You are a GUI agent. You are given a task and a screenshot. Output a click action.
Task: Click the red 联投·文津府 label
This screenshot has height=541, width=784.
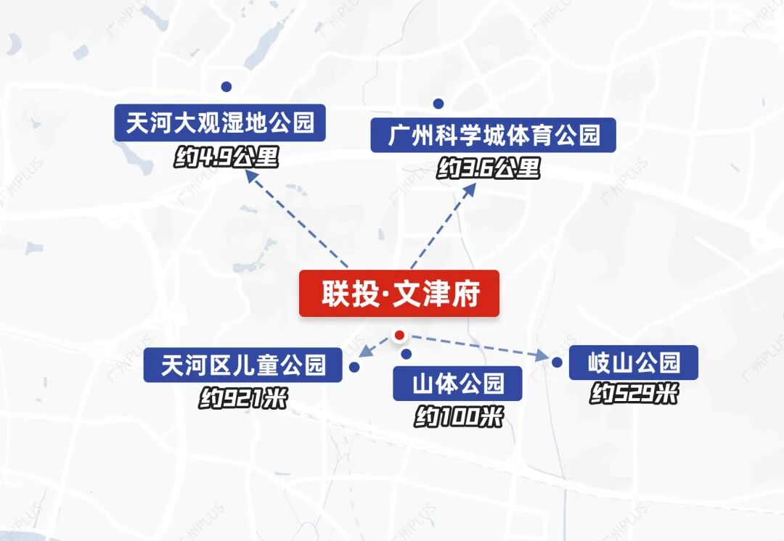[399, 294]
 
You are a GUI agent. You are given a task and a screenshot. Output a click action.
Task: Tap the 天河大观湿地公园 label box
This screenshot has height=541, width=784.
[220, 123]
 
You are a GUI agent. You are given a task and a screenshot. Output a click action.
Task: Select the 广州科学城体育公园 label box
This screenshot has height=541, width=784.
[493, 135]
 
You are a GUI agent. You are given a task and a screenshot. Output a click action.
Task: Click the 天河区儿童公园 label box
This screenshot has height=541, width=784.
[242, 364]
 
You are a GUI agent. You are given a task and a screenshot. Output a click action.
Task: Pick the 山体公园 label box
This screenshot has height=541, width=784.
[457, 383]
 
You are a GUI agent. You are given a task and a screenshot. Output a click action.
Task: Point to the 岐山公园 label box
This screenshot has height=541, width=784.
[633, 363]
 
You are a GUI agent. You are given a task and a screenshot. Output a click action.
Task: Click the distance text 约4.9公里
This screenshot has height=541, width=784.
[226, 157]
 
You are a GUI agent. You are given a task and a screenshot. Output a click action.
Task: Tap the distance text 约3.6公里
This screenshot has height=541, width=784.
[489, 169]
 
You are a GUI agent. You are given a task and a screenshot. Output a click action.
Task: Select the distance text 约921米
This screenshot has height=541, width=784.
[242, 398]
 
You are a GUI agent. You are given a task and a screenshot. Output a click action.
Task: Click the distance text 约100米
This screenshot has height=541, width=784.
[458, 417]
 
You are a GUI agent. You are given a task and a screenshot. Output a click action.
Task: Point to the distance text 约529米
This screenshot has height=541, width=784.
[634, 395]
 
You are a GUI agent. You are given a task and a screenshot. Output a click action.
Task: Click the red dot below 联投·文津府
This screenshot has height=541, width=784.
[398, 335]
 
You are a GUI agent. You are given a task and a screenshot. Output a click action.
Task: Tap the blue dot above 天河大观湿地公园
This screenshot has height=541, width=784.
[226, 86]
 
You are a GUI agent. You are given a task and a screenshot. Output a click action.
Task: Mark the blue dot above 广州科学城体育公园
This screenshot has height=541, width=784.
[438, 104]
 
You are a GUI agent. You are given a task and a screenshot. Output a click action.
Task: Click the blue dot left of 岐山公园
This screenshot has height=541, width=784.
[557, 362]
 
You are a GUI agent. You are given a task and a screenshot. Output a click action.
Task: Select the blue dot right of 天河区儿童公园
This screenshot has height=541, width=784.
[354, 368]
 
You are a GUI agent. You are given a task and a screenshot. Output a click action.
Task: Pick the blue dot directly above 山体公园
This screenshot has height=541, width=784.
[407, 354]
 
